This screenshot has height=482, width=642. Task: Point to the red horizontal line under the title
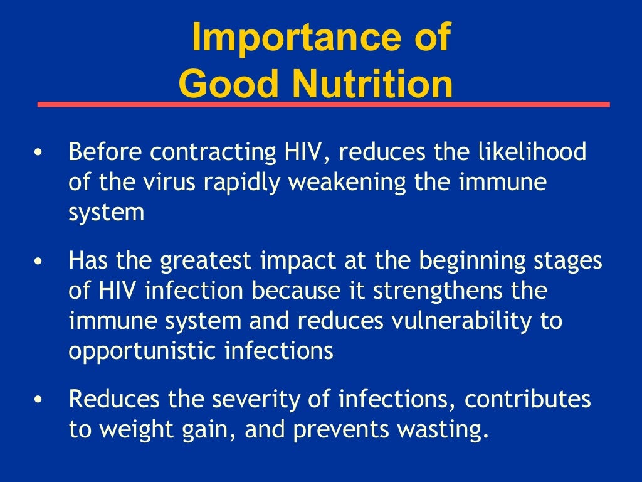324,104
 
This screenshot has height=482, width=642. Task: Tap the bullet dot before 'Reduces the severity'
39,399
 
